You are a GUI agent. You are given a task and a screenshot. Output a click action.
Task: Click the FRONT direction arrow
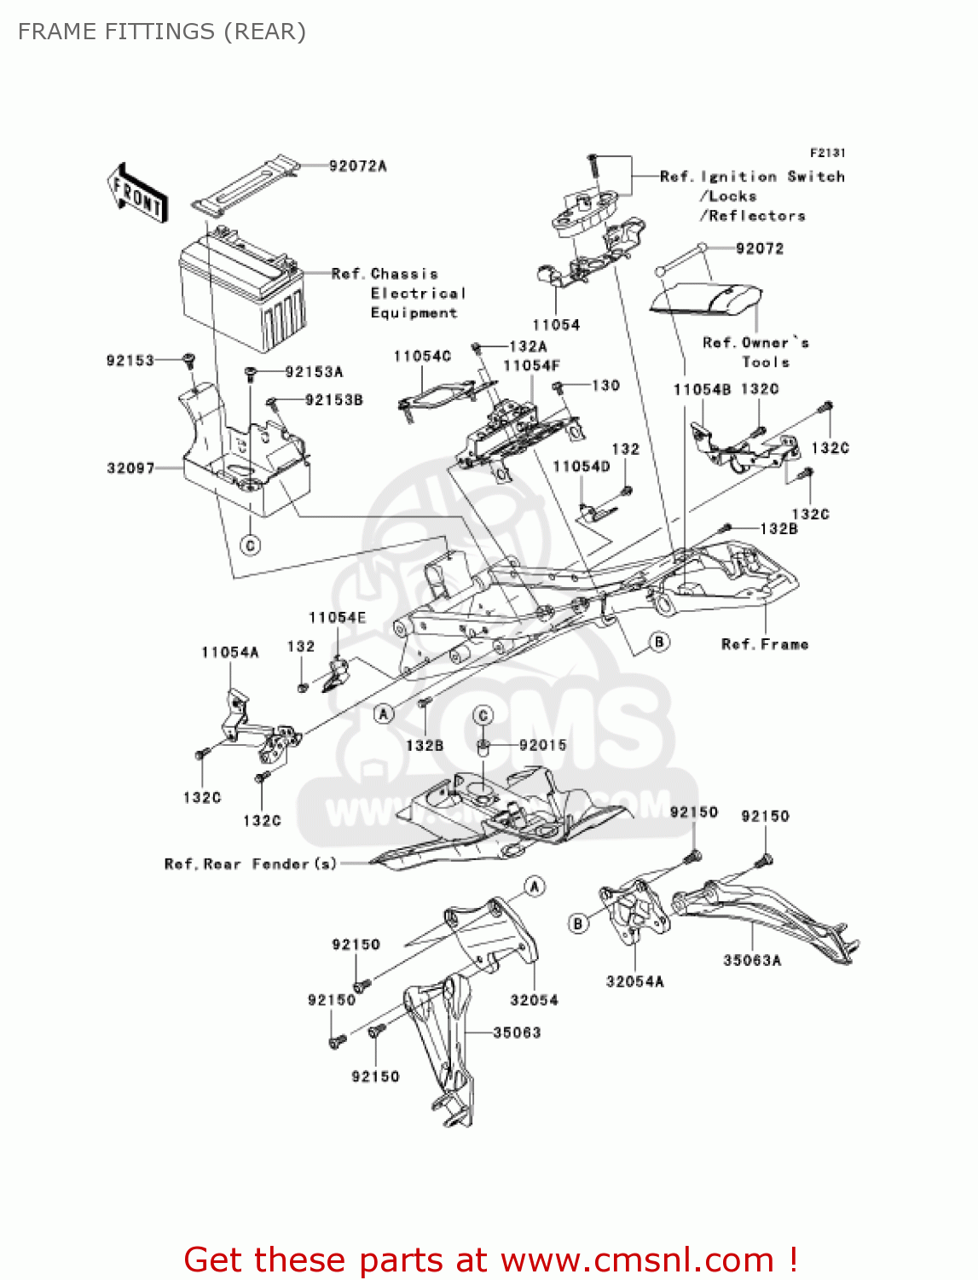(x=137, y=194)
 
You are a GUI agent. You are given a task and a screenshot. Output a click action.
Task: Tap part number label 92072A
(x=357, y=166)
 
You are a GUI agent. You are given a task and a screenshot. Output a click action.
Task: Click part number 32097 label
(x=130, y=468)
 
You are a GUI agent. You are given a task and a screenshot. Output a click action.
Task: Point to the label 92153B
(x=333, y=399)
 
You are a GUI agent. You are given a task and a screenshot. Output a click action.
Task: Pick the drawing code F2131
(x=827, y=153)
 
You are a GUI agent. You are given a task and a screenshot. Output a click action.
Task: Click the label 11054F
(x=531, y=366)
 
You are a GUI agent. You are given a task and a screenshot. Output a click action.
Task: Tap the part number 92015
(x=542, y=745)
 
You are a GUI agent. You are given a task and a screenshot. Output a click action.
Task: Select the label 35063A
(x=752, y=960)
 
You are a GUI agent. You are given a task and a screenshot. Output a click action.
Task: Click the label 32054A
(x=634, y=981)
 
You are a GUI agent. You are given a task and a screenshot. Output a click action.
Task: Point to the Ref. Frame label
(x=765, y=644)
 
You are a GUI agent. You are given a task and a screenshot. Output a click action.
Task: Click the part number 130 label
(x=605, y=386)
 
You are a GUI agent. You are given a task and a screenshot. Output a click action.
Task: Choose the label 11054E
(x=337, y=618)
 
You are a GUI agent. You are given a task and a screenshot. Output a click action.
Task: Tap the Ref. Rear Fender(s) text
(x=251, y=864)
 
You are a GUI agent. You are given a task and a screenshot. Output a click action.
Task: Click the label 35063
(x=517, y=1033)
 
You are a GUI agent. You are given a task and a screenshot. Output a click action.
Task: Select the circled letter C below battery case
(x=251, y=545)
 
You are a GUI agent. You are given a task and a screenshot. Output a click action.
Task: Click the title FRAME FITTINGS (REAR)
(x=162, y=32)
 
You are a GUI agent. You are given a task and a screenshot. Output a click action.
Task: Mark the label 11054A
(x=229, y=653)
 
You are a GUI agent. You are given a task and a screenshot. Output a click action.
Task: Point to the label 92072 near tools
(x=759, y=248)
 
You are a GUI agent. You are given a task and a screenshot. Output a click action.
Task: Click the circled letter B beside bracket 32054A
(x=579, y=923)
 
